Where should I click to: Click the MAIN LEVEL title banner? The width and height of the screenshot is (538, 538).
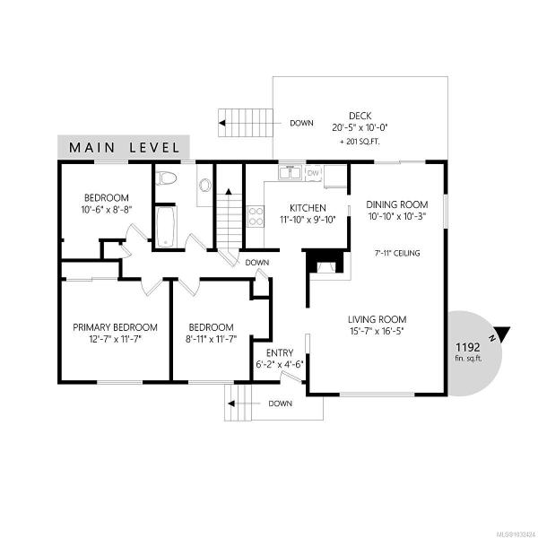124,147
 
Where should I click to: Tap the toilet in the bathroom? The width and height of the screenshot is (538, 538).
166,178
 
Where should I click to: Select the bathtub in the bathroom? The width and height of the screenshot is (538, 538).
166,227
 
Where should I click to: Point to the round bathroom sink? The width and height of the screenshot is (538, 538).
205,185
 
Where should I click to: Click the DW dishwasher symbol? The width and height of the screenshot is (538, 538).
313,173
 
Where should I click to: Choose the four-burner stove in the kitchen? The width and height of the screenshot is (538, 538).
256,216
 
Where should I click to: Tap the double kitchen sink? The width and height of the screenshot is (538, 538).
290,172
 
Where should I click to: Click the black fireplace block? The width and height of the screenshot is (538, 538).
324,261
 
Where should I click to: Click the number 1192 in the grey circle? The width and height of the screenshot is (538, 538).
468,347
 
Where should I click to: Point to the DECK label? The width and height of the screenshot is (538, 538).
360,116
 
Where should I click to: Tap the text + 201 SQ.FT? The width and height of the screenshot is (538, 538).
360,142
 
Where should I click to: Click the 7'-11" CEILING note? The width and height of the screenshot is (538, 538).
397,253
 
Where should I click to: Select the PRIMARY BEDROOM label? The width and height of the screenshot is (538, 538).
116,327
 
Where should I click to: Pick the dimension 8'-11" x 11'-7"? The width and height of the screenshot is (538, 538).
212,339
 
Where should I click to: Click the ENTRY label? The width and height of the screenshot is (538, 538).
280,352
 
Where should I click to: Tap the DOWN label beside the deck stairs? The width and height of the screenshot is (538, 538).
301,123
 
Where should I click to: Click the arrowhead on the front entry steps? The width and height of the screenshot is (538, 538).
231,403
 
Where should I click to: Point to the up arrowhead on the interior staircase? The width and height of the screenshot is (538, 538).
229,192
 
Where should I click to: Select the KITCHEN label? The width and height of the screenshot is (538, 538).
308,208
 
